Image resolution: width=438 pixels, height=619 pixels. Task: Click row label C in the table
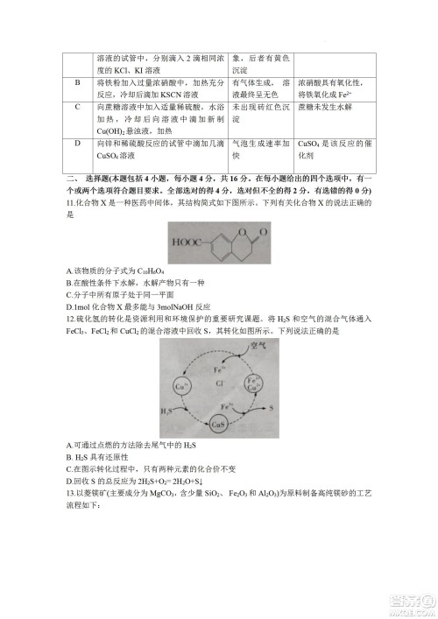pyautogui.click(x=77, y=107)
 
